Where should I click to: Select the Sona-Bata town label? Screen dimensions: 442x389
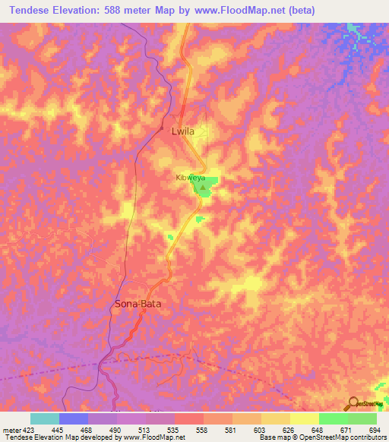click(138, 304)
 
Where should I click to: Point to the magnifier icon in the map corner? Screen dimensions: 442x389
click(354, 404)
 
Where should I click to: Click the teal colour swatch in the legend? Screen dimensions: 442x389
click(45, 418)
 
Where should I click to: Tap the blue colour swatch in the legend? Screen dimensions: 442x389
click(74, 418)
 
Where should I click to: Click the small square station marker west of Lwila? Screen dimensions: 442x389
click(161, 128)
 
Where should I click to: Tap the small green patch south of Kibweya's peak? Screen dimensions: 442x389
click(200, 219)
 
